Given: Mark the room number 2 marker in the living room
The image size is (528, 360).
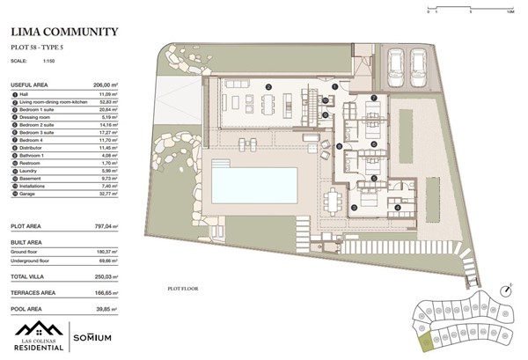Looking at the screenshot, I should pos(268,87).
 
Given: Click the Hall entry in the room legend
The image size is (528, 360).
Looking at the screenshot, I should pos(36,92).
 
